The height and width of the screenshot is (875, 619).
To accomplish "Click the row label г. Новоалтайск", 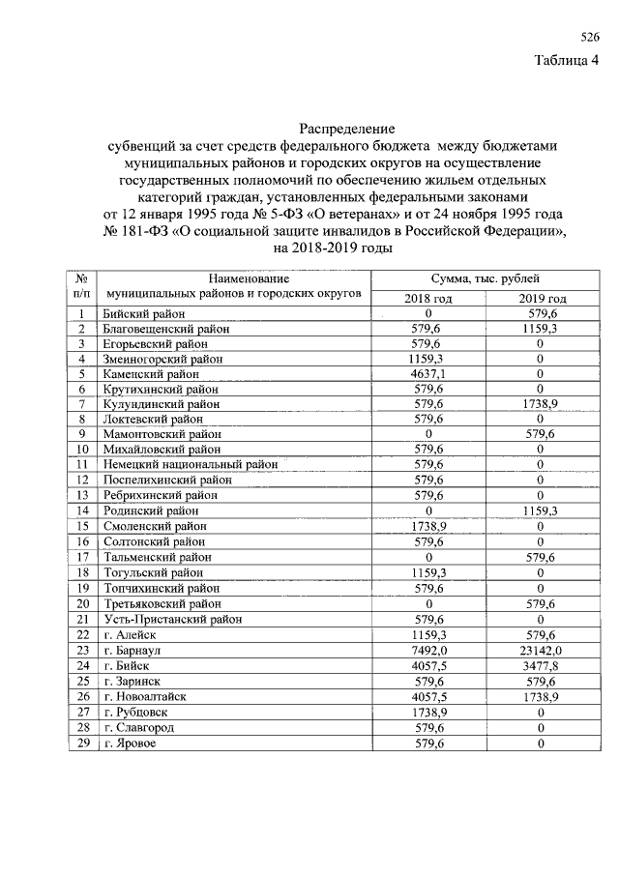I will click(x=144, y=696).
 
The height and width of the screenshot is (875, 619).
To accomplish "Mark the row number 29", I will click(x=83, y=743).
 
